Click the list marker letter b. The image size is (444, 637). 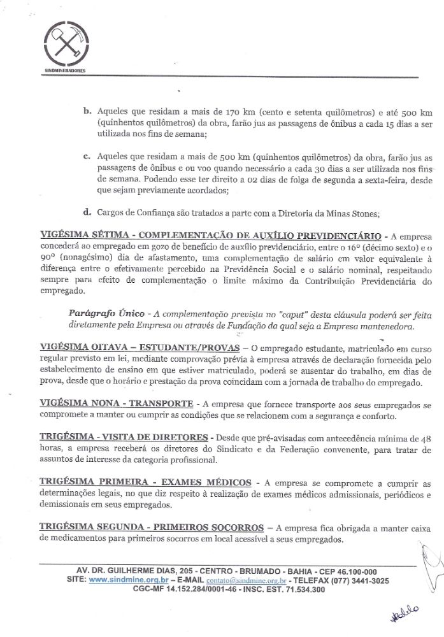pyautogui.click(x=87, y=111)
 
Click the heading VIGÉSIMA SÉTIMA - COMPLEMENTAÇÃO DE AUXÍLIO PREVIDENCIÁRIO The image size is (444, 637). pyautogui.click(x=210, y=234)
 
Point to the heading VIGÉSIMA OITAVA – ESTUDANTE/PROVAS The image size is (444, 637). pyautogui.click(x=140, y=347)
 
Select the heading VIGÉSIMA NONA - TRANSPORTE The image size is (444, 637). pyautogui.click(x=117, y=404)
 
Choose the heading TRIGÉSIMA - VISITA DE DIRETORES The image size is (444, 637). pyautogui.click(x=124, y=438)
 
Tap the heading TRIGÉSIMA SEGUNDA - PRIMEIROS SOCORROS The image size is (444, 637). pyautogui.click(x=152, y=527)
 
